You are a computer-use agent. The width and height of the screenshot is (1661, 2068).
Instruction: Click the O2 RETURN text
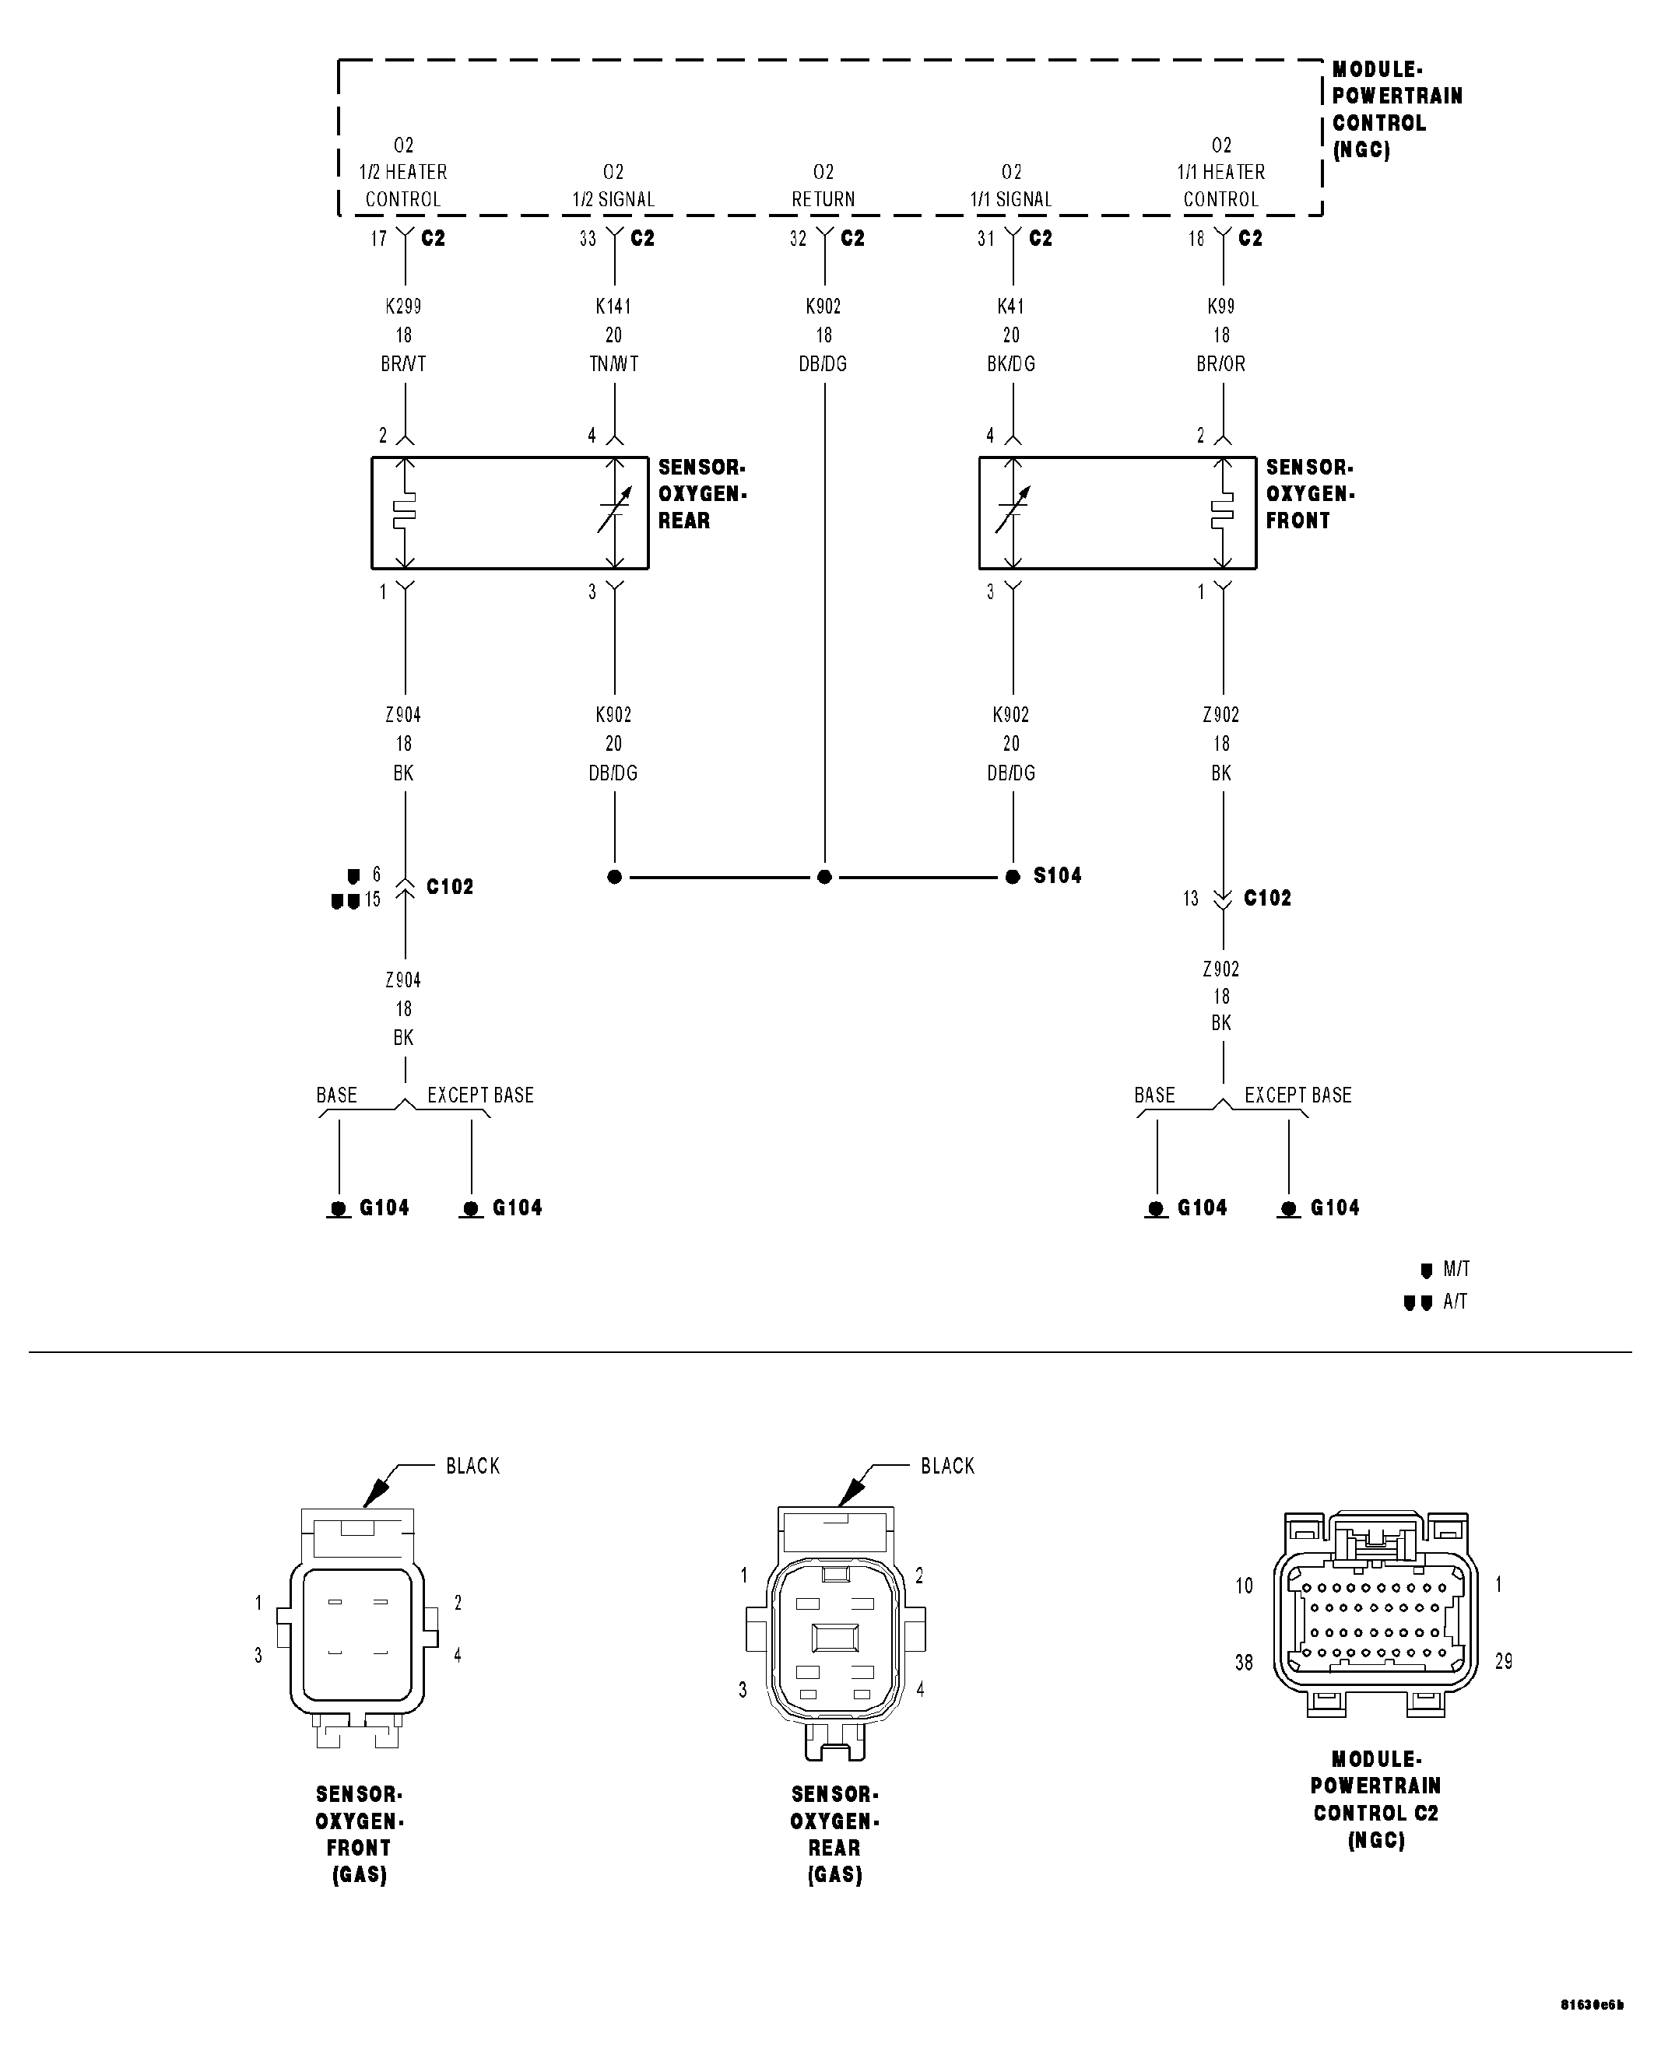tap(823, 185)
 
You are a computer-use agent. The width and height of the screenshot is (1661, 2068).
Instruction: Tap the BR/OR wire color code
tap(1220, 364)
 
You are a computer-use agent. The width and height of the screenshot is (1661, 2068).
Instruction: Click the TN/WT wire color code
tap(613, 364)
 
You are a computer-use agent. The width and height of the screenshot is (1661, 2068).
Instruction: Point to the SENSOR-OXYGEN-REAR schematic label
tap(701, 494)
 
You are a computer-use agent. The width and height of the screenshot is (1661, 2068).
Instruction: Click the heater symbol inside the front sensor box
tap(1221, 511)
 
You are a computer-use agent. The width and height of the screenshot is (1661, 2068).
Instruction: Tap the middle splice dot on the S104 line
tap(824, 877)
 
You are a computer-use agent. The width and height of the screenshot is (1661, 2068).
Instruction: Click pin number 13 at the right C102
tap(1191, 899)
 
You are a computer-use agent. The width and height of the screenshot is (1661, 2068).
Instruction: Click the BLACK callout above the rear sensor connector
tap(947, 1466)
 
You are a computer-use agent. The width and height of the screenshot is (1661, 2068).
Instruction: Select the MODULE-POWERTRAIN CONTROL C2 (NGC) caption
tap(1376, 1800)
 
